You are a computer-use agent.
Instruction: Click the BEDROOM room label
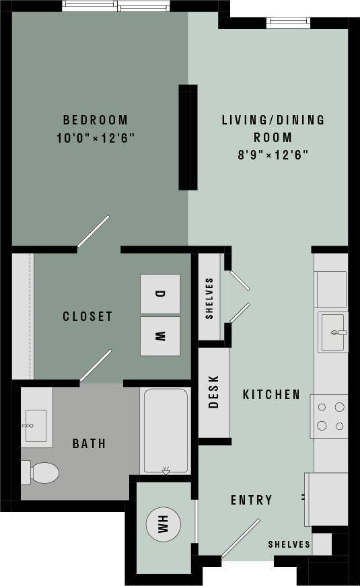[x=95, y=120]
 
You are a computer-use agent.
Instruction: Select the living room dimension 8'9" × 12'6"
[x=273, y=155]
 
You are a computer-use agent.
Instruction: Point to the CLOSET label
[x=87, y=316]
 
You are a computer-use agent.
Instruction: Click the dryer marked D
[x=160, y=294]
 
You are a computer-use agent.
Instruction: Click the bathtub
[x=166, y=431]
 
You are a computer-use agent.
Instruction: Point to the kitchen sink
[x=334, y=332]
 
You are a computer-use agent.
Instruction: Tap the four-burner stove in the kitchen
[x=330, y=416]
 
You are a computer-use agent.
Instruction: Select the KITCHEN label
[x=271, y=394]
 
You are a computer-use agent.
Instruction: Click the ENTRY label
[x=251, y=500]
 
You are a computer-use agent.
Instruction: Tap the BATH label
[x=89, y=443]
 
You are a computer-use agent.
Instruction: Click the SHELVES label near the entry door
[x=289, y=544]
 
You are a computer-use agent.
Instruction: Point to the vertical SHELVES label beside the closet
[x=210, y=298]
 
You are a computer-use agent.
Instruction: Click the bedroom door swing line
[x=93, y=231]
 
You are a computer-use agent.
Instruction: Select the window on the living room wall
[x=288, y=22]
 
